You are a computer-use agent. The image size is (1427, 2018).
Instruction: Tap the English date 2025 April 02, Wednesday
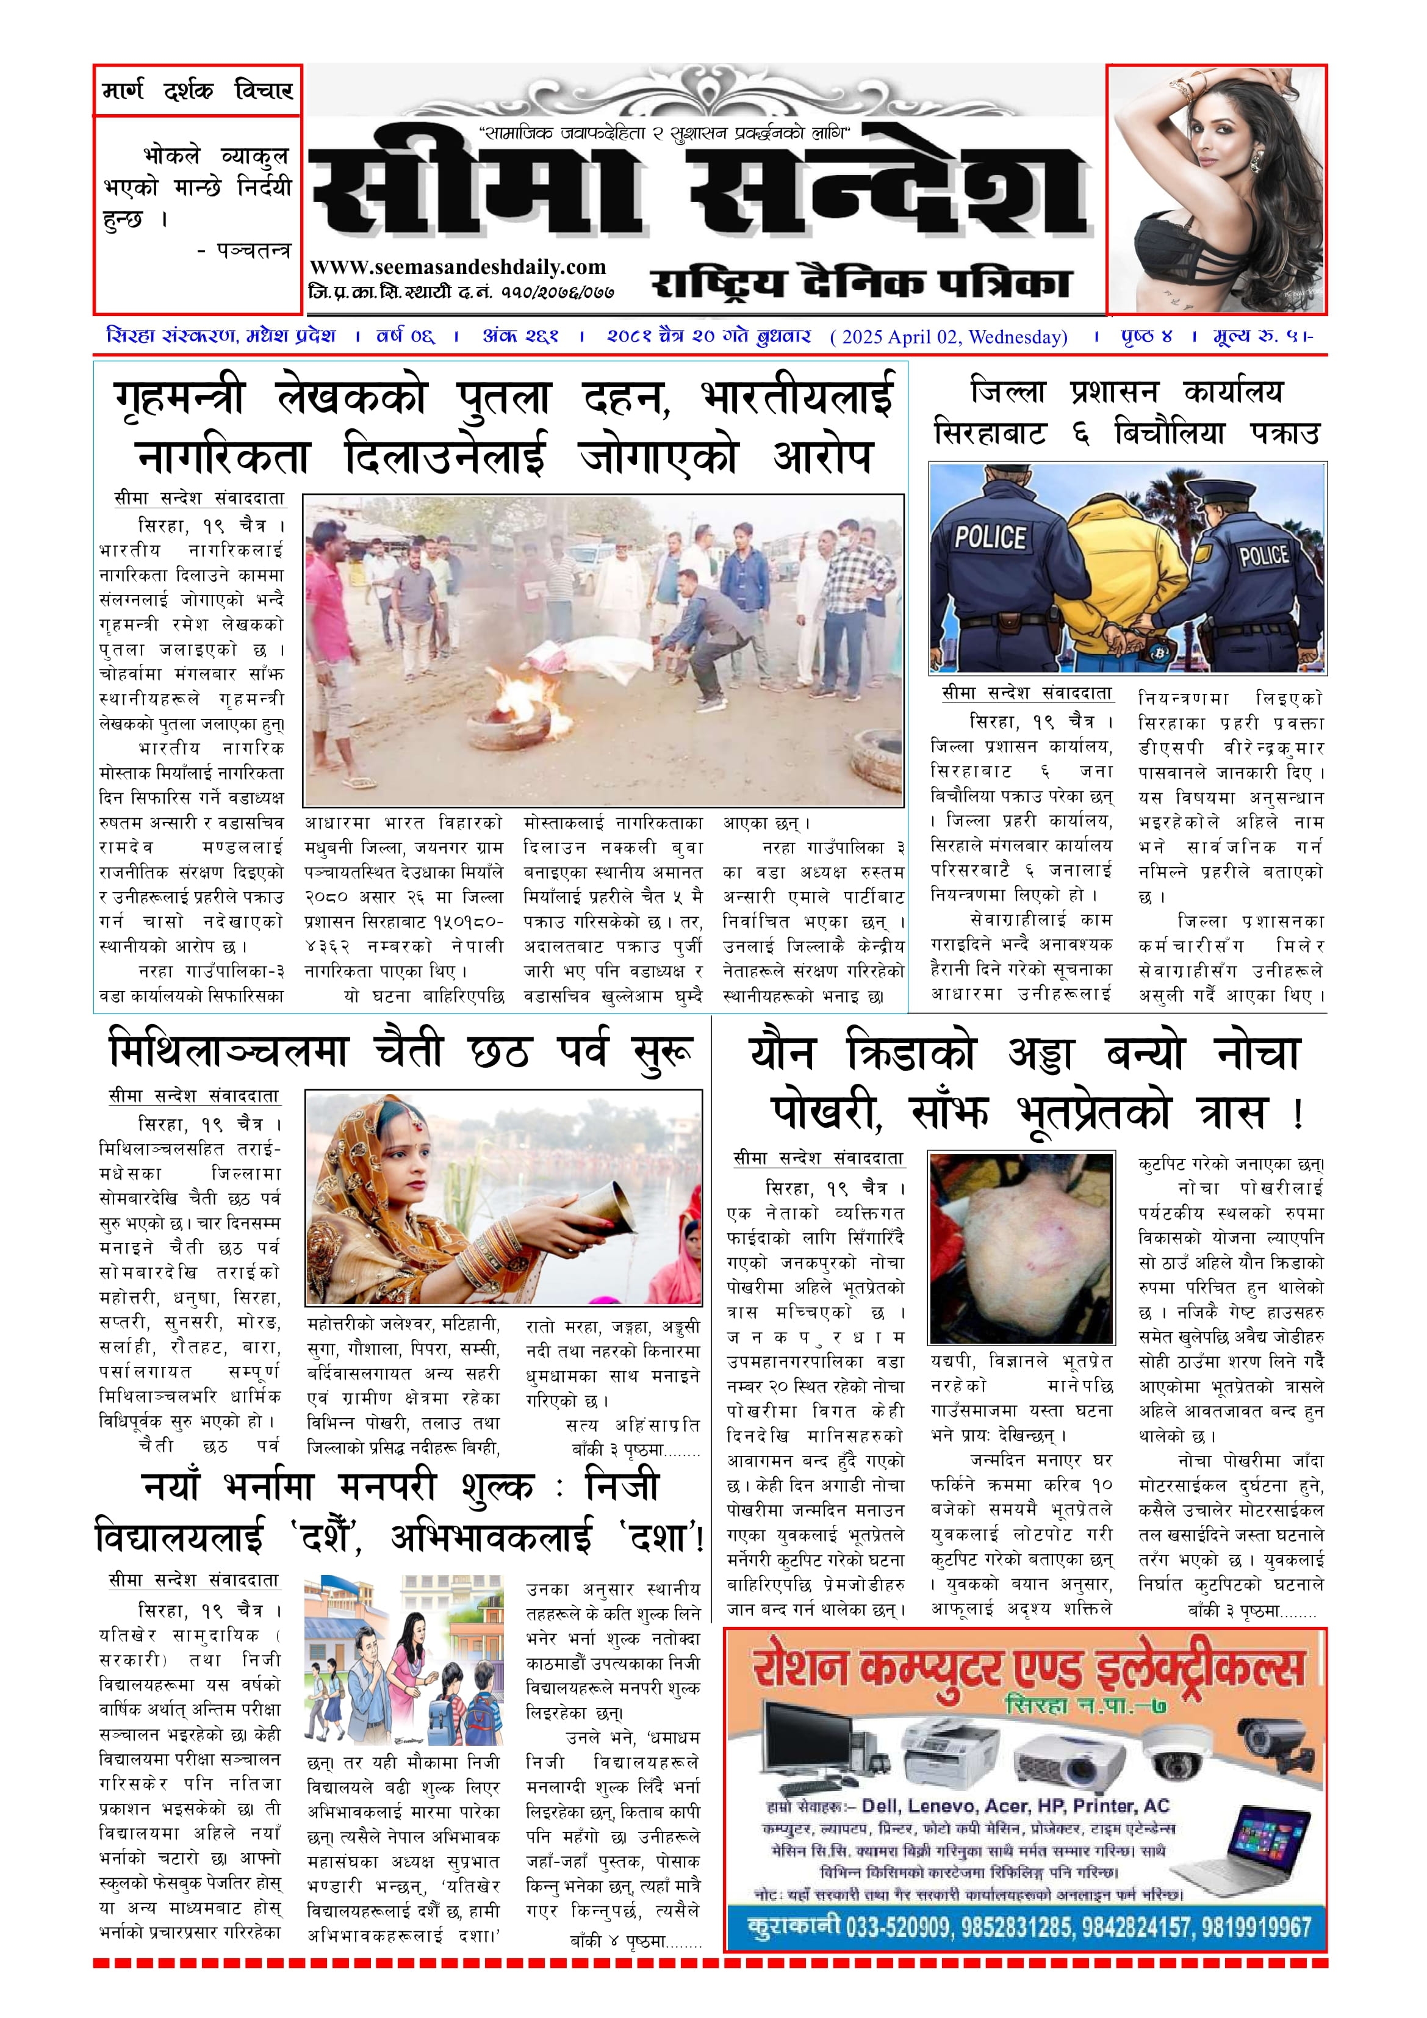[x=949, y=337]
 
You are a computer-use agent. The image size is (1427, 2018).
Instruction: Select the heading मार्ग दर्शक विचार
[x=198, y=90]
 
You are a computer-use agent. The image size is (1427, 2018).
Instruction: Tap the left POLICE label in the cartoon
[x=990, y=537]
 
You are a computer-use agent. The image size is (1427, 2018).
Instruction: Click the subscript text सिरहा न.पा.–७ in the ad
[x=1086, y=1705]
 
